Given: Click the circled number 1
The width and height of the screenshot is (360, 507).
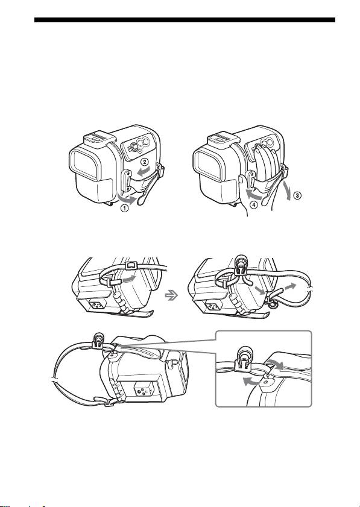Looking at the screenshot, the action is (x=124, y=208).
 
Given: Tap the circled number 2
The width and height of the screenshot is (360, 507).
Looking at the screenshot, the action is (x=145, y=161).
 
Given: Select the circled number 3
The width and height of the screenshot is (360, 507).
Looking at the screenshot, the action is (x=297, y=195).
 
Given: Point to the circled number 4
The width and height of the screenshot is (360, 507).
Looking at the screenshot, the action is (x=254, y=204).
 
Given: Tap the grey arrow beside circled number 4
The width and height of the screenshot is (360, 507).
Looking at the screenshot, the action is (x=254, y=195).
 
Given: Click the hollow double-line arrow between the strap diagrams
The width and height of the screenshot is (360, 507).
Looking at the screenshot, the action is (x=171, y=295).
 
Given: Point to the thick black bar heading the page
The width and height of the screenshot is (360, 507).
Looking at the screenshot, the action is (x=185, y=20).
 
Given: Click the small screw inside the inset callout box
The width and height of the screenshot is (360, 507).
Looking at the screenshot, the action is (x=265, y=382).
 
